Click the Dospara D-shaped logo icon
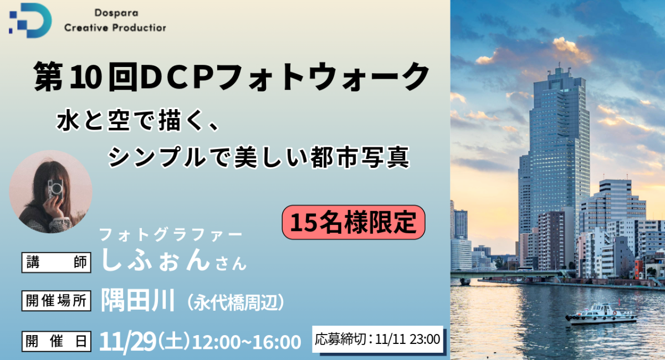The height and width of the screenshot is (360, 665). (x=31, y=20)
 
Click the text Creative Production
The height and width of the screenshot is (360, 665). (x=115, y=28)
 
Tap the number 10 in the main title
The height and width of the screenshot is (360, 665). (x=85, y=77)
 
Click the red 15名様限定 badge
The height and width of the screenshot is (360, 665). (x=354, y=222)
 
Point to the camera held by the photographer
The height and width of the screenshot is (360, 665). (x=55, y=189)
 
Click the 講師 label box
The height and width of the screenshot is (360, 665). (x=57, y=263)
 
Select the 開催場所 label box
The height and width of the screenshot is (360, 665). (x=57, y=301)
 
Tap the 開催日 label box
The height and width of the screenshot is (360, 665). (x=57, y=341)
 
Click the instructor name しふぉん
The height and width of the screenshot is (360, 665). (x=156, y=260)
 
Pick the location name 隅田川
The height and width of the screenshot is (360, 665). (x=138, y=300)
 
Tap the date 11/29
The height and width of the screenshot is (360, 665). (x=127, y=342)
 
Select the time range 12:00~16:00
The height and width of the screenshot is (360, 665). (x=247, y=342)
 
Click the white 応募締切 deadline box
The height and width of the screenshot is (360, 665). (x=377, y=339)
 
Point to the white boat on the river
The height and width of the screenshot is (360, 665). (x=601, y=314)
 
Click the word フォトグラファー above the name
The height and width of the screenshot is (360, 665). (x=171, y=234)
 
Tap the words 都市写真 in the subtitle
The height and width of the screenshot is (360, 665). (x=360, y=158)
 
